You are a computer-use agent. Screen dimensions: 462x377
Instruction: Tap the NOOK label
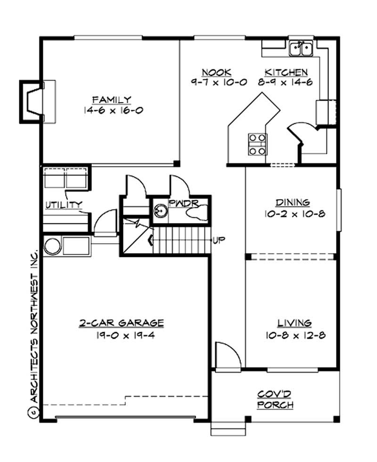click(x=216, y=72)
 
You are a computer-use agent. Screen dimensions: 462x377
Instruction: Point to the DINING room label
click(x=293, y=203)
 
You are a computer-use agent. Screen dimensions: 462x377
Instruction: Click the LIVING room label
click(x=294, y=323)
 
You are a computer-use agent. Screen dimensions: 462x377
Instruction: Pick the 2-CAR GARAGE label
click(x=121, y=323)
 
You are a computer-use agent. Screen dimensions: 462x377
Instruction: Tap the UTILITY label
click(x=64, y=205)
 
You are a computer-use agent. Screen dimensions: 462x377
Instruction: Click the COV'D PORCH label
click(x=276, y=399)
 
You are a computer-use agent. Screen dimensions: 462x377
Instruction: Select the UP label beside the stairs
click(x=219, y=240)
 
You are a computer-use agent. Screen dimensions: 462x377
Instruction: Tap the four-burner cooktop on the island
click(x=257, y=144)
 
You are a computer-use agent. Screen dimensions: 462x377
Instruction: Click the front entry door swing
click(x=227, y=355)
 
